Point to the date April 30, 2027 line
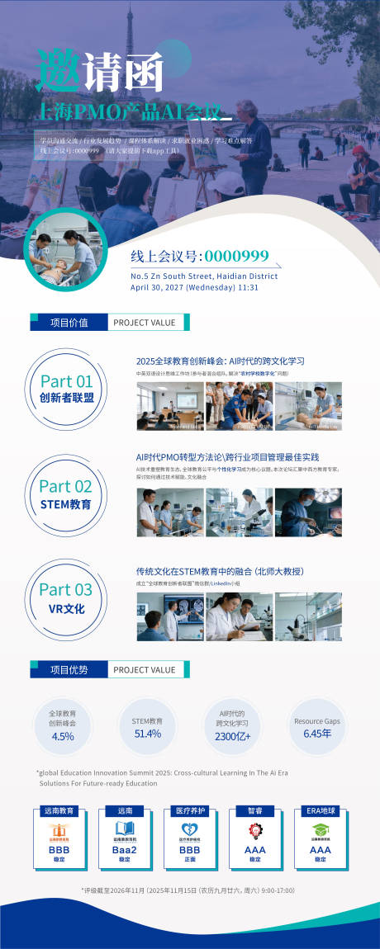click(x=195, y=288)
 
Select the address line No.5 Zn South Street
click(x=204, y=276)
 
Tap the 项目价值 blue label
click(x=69, y=323)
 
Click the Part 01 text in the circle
click(x=67, y=381)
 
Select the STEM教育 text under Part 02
click(x=66, y=504)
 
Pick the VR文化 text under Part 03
click(x=66, y=609)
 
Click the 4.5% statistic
click(x=63, y=736)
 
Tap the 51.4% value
click(x=147, y=734)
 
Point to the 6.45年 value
click(x=316, y=734)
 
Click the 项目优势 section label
click(x=69, y=670)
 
